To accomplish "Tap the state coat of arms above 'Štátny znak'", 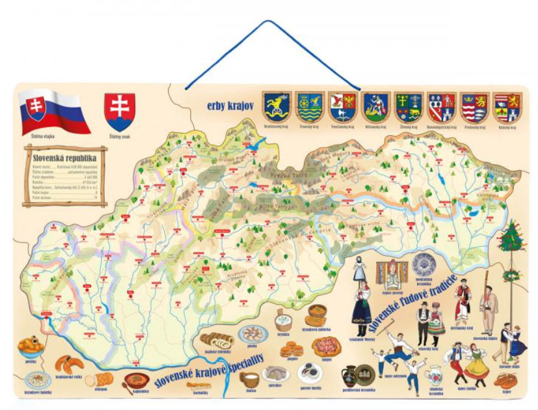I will pos(120,110).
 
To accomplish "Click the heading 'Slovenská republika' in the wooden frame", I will pos(64,158).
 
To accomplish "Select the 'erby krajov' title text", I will pos(230,106).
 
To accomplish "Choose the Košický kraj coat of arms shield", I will pos(506,107).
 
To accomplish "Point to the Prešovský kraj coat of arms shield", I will pos(474,107).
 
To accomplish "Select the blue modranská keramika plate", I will pos(424,264).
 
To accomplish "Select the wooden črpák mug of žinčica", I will pos(250,378).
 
